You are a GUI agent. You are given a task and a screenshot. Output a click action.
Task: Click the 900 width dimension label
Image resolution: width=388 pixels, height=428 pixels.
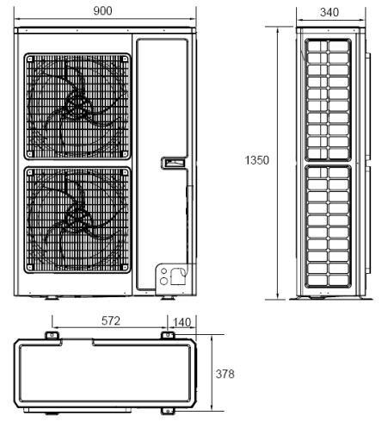[102, 11]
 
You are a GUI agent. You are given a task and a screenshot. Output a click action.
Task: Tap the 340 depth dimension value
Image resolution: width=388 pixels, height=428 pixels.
[329, 12]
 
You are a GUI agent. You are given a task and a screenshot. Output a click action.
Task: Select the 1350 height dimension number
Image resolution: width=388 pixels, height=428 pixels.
[257, 160]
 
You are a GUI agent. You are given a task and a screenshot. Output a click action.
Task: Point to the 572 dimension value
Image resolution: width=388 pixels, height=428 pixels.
[111, 320]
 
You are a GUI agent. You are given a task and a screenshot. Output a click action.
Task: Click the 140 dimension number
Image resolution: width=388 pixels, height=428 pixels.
[182, 322]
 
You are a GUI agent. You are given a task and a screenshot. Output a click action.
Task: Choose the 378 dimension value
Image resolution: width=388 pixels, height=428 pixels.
[225, 374]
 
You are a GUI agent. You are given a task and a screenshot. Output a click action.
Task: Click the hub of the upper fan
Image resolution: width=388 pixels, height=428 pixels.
[77, 105]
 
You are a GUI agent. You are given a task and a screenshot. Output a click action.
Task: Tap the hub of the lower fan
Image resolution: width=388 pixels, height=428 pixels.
[77, 217]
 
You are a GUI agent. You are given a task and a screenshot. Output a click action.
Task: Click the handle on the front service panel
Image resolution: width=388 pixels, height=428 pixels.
[173, 163]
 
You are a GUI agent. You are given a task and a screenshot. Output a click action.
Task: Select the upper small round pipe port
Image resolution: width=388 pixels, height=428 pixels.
[163, 271]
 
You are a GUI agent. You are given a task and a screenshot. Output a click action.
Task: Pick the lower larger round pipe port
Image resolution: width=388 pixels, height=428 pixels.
[163, 281]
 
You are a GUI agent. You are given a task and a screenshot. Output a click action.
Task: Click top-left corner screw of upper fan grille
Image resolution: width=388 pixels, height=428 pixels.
[30, 59]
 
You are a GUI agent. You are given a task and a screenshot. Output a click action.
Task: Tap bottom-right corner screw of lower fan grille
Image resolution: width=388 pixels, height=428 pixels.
[125, 267]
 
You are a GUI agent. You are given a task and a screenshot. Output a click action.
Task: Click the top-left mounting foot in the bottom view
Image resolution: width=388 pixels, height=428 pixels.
[52, 335]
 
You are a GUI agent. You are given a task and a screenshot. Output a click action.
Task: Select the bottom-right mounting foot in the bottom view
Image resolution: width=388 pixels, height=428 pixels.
[168, 411]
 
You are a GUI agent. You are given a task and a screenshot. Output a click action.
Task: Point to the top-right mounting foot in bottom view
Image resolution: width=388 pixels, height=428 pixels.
[168, 335]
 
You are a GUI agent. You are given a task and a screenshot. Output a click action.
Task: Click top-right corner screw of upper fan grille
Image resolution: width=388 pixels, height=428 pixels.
[125, 59]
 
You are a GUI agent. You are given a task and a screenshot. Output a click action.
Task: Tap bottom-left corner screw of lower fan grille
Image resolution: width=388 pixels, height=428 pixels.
[30, 267]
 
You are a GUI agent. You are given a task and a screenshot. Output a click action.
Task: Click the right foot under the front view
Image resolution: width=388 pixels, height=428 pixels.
[168, 298]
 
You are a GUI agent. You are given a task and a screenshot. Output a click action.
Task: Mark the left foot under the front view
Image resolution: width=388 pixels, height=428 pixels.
[52, 298]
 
